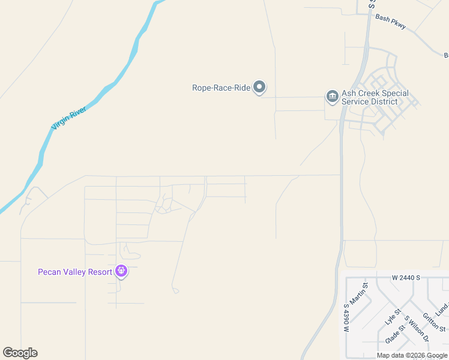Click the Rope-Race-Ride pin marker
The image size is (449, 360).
point(259,88)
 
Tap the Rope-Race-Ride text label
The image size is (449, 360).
point(221,88)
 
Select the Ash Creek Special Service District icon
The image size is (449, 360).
point(332,96)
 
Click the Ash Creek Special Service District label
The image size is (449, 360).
point(375,97)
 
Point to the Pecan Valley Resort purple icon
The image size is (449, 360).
point(121,271)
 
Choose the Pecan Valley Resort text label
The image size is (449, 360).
point(75,272)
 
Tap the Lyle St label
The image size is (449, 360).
point(393,317)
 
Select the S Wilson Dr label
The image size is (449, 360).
point(417,330)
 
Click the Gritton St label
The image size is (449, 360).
point(433,322)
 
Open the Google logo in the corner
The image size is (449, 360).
point(20,353)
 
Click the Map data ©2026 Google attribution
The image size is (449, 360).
point(412,356)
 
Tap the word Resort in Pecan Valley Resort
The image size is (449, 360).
point(99,272)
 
